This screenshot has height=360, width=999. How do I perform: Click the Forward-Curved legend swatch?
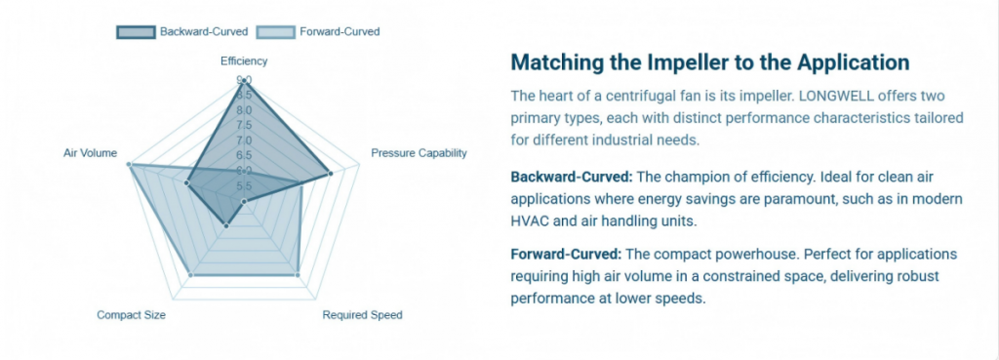275,32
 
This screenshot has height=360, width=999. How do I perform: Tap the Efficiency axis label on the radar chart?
244,60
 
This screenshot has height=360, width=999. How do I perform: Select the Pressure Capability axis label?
419,153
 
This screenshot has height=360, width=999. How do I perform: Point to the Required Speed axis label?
362,315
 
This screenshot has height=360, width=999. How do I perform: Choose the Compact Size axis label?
131,315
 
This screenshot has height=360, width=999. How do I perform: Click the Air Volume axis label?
91,153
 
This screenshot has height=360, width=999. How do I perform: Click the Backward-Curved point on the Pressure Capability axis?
331,174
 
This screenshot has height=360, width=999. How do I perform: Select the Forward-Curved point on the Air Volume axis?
129,165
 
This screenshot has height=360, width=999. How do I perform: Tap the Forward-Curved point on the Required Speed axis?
297,275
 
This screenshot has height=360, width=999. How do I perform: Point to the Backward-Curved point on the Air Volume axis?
186,181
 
